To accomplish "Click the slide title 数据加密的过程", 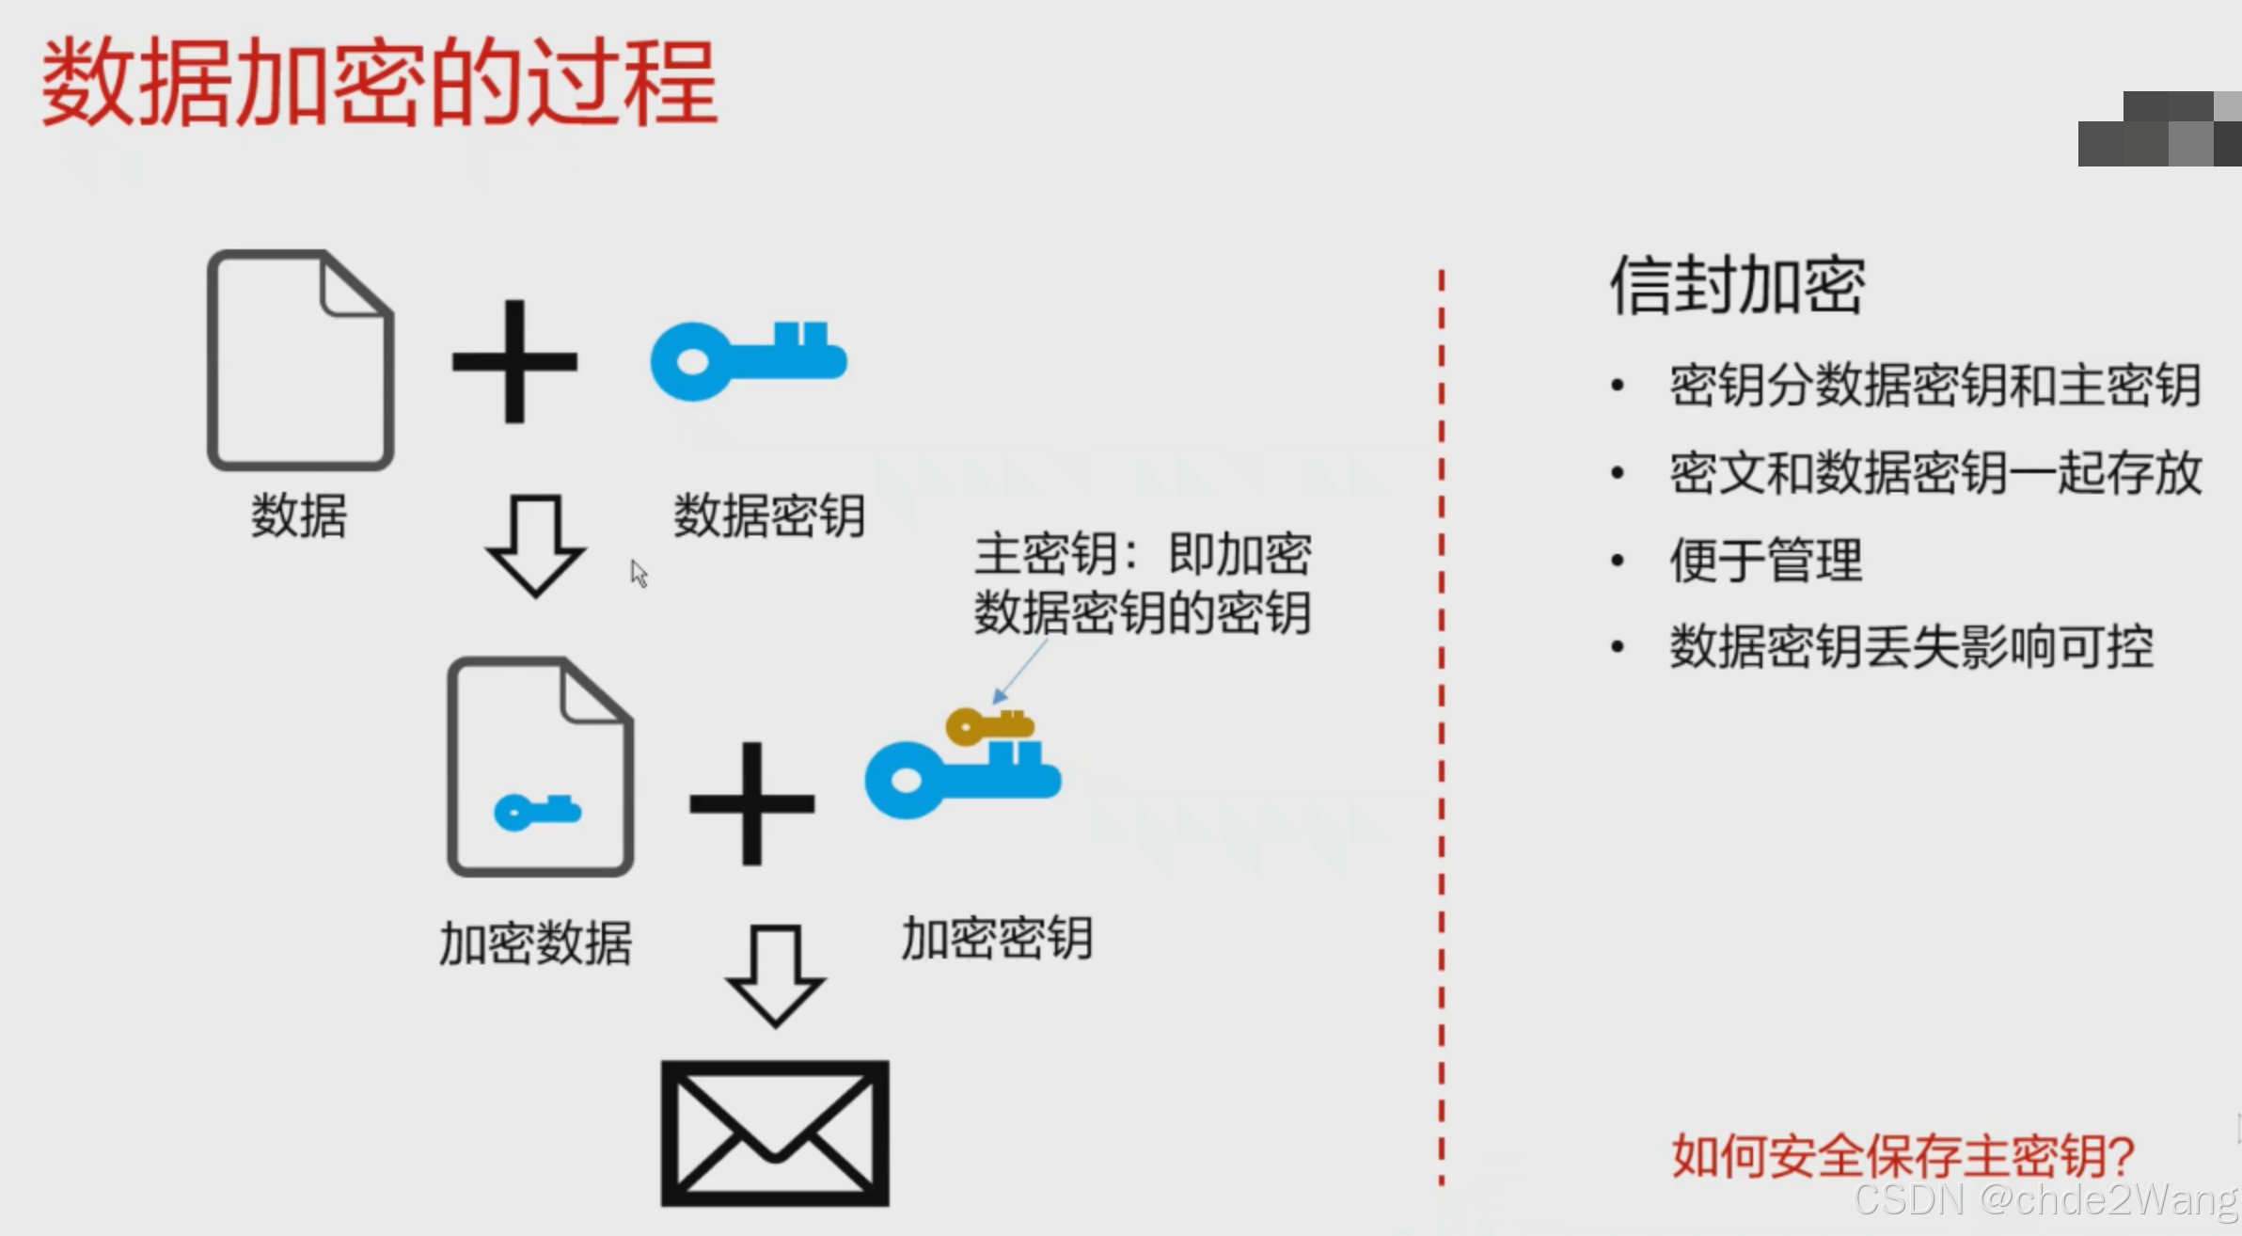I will point(380,83).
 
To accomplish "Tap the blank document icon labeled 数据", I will point(300,360).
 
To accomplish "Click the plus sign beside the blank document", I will point(514,362).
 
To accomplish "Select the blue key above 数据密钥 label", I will point(749,361).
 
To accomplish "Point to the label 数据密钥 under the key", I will point(769,515).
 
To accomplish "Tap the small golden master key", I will point(990,726).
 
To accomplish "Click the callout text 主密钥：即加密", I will point(1143,554).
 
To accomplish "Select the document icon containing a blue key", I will point(541,768).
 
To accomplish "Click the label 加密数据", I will point(535,943).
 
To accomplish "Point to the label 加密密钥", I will point(997,939).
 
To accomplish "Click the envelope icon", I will point(775,1133).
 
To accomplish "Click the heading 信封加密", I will point(1737,285).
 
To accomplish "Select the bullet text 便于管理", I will point(1765,561).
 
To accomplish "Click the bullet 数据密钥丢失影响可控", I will point(1911,647).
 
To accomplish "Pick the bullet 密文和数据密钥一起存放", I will point(1935,472).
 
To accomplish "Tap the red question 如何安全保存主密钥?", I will point(1903,1156).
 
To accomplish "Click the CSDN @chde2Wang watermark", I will point(2045,1200).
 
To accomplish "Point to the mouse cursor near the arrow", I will point(639,573).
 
